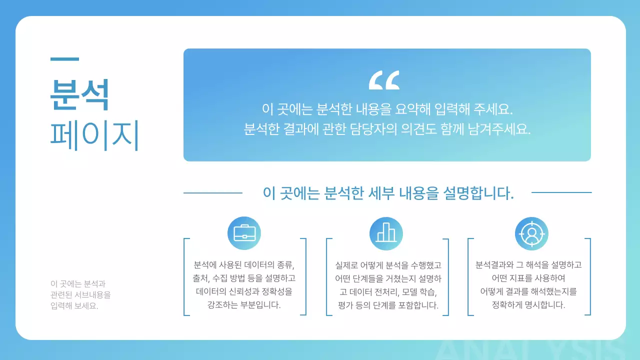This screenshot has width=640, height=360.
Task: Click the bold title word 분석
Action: (x=79, y=94)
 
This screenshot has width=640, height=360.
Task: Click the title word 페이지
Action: (x=94, y=134)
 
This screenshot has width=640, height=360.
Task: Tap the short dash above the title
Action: (x=64, y=59)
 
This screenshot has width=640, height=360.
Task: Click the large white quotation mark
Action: (x=384, y=80)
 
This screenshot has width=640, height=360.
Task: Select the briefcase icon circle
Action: (x=244, y=233)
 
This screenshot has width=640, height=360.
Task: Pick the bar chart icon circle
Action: (x=386, y=233)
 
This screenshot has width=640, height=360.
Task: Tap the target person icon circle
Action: (x=531, y=233)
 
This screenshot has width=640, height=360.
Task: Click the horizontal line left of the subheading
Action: (x=213, y=192)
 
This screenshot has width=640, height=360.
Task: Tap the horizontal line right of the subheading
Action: (x=561, y=192)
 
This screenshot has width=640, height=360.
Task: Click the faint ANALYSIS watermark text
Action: (x=530, y=350)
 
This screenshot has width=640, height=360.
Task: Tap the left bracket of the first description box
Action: (x=185, y=277)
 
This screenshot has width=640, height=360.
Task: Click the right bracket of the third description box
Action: (x=589, y=277)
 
